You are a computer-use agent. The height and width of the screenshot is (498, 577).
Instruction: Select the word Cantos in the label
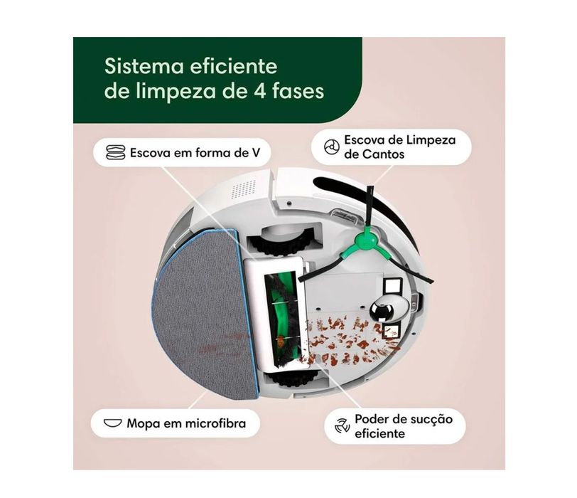386,154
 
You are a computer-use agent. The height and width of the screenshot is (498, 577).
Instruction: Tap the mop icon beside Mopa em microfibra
112,423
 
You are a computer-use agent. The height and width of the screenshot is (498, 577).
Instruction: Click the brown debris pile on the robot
348,338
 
